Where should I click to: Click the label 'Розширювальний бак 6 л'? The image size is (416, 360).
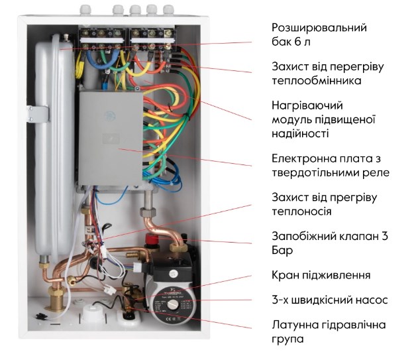pos(319,34)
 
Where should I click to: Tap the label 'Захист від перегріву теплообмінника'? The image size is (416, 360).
pos(328,74)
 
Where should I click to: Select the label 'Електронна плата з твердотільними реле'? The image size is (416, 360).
pos(331,166)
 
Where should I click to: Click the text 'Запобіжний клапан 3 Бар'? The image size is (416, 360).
pos(330,243)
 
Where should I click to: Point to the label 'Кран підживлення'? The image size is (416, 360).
pos(321,275)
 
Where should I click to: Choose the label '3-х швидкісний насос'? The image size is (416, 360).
pos(330,300)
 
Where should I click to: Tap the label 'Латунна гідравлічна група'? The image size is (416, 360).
pos(329,332)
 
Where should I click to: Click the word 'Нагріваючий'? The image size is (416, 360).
pos(307,105)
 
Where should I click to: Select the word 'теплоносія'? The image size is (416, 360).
pos(301,211)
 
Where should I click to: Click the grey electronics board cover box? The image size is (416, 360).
pos(111,138)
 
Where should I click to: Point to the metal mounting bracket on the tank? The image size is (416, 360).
pos(38,114)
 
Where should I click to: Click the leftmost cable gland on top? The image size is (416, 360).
pos(85,9)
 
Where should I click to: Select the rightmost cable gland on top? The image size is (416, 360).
pos(169,9)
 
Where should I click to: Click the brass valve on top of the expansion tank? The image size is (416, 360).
pos(66,38)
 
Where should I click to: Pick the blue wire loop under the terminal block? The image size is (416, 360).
pos(101,59)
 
